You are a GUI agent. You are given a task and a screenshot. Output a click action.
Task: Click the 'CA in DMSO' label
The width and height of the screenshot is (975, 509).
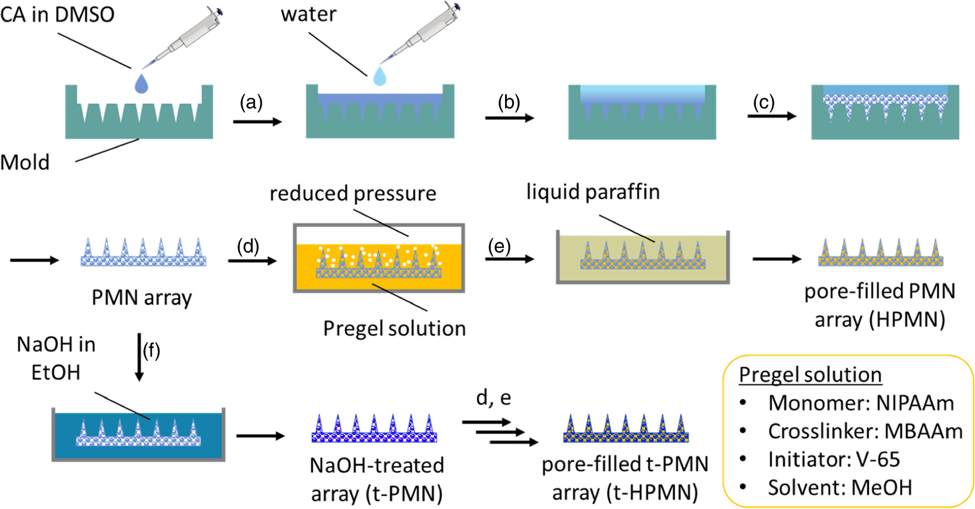(x=57, y=14)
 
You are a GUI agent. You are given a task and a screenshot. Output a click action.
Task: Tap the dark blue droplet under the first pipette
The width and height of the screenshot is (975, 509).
(x=142, y=84)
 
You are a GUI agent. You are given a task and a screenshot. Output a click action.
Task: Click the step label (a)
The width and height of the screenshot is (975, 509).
(x=251, y=103)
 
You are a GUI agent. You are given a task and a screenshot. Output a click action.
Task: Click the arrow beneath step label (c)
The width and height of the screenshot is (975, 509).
(x=771, y=116)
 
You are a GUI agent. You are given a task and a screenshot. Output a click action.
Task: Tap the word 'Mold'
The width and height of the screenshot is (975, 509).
(x=25, y=162)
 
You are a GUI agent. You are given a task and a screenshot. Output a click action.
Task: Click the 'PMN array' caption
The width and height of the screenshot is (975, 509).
(x=142, y=298)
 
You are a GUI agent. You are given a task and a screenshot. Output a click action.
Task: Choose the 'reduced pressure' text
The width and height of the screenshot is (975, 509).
(x=353, y=193)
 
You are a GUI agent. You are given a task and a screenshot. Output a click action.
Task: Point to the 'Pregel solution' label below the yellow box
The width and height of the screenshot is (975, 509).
(x=394, y=329)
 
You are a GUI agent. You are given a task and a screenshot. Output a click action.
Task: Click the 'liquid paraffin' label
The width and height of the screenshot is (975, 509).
(x=593, y=192)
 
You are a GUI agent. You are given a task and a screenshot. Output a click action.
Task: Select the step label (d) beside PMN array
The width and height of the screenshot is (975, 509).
(x=248, y=246)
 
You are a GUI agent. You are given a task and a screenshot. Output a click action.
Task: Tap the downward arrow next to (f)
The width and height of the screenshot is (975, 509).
(x=139, y=357)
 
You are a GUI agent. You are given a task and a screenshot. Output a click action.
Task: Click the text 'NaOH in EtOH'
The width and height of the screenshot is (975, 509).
(x=56, y=358)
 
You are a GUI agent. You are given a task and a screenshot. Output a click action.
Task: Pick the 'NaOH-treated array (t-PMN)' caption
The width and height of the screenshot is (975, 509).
(x=377, y=479)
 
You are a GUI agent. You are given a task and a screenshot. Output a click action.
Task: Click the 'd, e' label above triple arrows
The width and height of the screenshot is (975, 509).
(x=493, y=398)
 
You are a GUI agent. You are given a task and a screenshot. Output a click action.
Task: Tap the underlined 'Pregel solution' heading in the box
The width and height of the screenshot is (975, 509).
(x=810, y=375)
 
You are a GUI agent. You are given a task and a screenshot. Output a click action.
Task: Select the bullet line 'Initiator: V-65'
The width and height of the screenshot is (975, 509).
(x=833, y=459)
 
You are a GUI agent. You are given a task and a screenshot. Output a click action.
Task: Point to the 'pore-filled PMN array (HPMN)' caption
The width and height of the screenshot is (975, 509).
(x=880, y=305)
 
